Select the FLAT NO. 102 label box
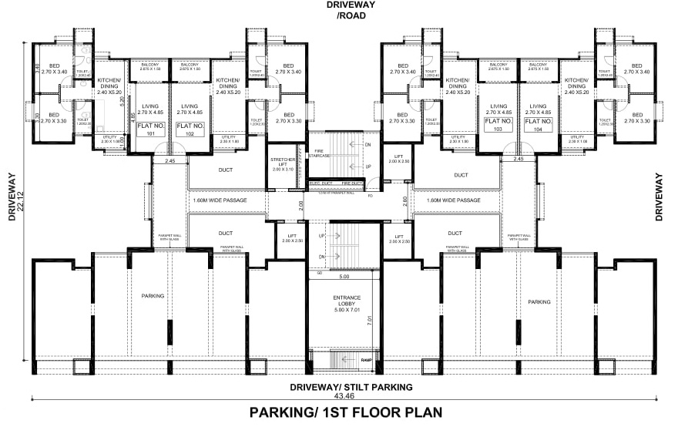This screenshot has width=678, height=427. click(190, 129)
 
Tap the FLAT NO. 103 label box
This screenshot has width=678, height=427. click(498, 126)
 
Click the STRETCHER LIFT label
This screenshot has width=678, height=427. click(284, 163)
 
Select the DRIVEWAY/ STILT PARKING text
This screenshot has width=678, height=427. click(351, 386)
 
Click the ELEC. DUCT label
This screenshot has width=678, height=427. click(320, 183)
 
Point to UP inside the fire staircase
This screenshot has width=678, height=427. click(368, 166)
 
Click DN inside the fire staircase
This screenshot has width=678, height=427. click(368, 145)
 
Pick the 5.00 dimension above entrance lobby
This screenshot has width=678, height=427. click(343, 276)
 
